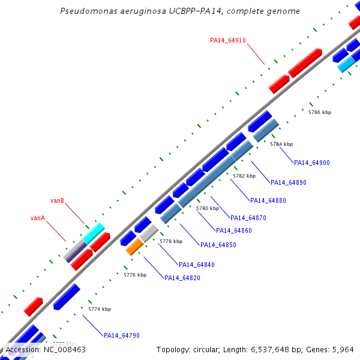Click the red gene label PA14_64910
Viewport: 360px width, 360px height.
pos(228,40)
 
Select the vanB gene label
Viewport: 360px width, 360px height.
pos(57,200)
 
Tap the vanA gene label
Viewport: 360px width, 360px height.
pos(38,218)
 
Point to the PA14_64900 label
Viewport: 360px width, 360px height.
pos(312,163)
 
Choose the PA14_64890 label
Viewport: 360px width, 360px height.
pos(289,182)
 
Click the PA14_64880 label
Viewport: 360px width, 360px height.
pos(268,200)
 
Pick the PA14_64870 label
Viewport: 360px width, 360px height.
pos(248,218)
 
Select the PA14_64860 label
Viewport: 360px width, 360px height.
pos(234,230)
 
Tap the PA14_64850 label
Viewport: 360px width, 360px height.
pos(218,245)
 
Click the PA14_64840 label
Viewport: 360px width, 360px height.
pos(197,265)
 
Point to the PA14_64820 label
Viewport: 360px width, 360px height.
pos(182,278)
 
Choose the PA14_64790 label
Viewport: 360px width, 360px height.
pos(122,335)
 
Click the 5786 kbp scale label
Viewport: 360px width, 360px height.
pos(320,112)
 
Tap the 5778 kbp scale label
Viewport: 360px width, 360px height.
pos(171,241)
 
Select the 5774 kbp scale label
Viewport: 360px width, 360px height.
pos(100,309)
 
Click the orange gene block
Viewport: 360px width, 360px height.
pos(134,247)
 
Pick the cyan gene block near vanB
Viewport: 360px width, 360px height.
pos(94,233)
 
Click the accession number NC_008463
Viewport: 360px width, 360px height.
pos(65,350)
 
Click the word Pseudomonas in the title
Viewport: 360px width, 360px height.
pos(89,11)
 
